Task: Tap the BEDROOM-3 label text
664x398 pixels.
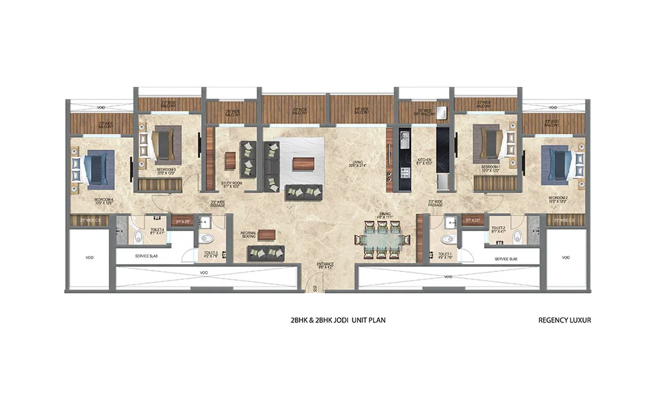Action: point(166,172)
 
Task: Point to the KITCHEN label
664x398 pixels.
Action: point(425,162)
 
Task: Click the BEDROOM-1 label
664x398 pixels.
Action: point(490,168)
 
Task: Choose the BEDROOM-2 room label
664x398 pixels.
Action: point(558,200)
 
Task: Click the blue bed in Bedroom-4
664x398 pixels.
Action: point(94,166)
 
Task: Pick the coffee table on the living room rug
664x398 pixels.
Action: point(303,163)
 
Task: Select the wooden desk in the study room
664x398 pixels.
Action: point(230,161)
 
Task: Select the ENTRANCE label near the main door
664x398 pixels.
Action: point(325,265)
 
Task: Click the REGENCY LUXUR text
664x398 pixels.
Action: point(564,320)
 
